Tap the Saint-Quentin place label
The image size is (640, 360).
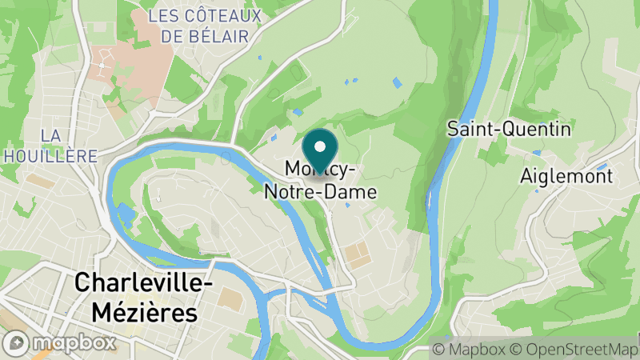[x=509, y=129]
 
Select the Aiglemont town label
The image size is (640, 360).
[x=566, y=176]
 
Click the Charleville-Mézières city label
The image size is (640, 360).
[x=135, y=297]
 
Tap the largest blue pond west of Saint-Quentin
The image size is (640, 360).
[x=397, y=82]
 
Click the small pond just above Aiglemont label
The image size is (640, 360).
[x=537, y=152]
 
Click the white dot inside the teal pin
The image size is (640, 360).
[x=321, y=146]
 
